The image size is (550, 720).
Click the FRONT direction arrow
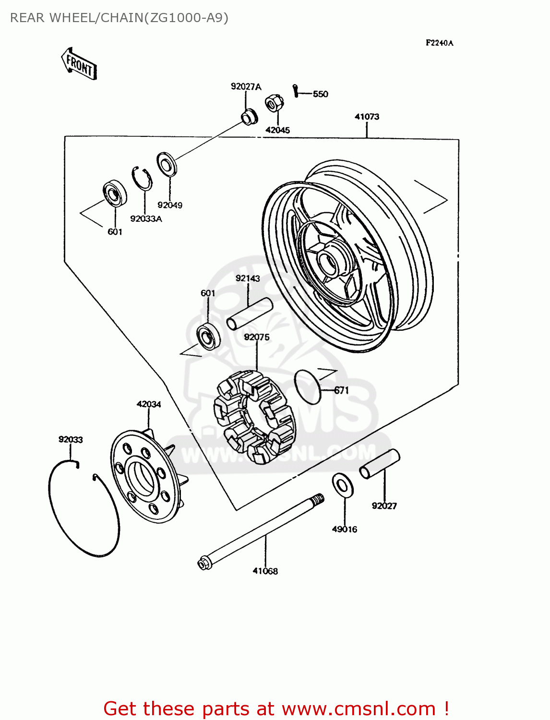pos(79,63)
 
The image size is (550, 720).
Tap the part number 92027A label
pos(246,87)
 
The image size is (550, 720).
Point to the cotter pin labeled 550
pos(296,90)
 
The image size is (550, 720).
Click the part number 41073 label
pos(367,117)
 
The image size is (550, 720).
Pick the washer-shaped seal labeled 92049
pos(167,164)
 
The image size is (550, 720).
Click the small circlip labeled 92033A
pos(142,179)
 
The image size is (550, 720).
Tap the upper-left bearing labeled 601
pos(115,193)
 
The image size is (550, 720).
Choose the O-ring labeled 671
pos(307,387)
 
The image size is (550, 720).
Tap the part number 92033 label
pos(71,440)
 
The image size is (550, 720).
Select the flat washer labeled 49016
pos(343,485)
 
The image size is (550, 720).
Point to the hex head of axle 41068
pos(204,563)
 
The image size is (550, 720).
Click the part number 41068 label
pos(265,571)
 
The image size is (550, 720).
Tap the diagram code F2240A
pos(439,43)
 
